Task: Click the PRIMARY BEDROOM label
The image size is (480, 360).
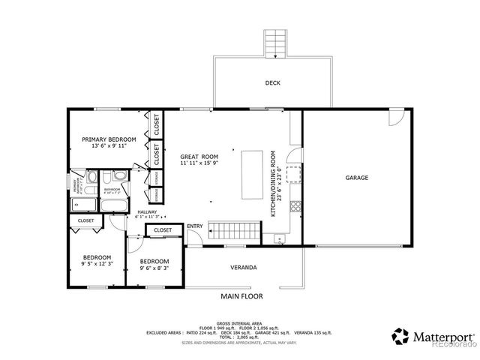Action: point(109,139)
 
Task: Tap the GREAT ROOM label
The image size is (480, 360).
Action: point(199,156)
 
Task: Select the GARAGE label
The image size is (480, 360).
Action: point(356,178)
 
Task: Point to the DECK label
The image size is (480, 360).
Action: point(273,83)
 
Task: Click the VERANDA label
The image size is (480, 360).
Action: point(244,268)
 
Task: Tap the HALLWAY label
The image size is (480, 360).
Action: point(146,211)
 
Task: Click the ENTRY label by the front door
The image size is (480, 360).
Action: point(195,226)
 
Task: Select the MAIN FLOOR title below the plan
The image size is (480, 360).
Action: point(240,296)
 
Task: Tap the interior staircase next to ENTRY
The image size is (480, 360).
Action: point(232,232)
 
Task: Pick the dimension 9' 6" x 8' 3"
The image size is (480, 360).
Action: point(154,268)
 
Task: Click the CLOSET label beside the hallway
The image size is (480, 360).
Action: point(163,230)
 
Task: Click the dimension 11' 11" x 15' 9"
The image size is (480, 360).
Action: point(199,163)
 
